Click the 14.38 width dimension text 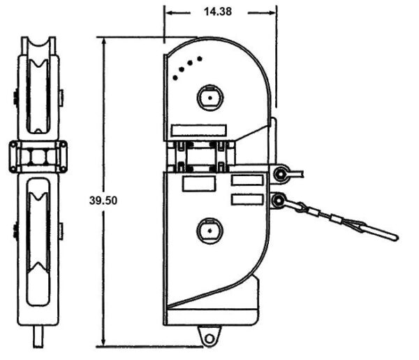click(x=217, y=12)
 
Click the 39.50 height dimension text click(x=103, y=201)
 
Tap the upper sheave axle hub click(x=210, y=98)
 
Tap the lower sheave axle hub click(x=209, y=231)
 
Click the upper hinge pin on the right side click(x=281, y=174)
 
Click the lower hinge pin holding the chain click(x=279, y=200)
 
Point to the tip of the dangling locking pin click(x=397, y=238)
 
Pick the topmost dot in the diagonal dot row click(x=199, y=58)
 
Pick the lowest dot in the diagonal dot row click(x=175, y=78)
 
